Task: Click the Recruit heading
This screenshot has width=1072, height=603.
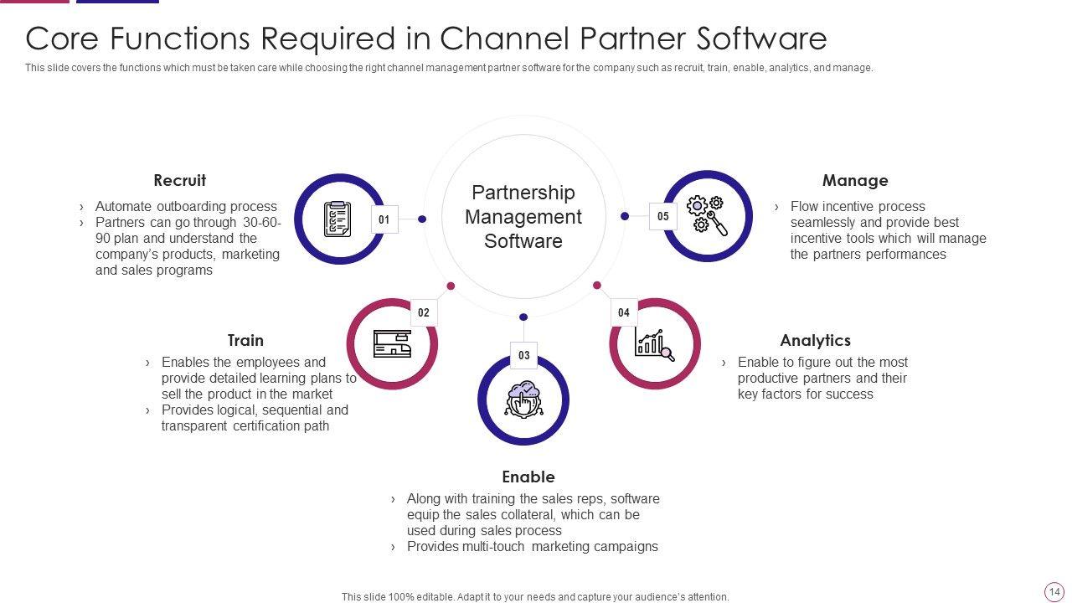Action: coord(179,180)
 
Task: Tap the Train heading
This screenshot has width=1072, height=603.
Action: coord(245,340)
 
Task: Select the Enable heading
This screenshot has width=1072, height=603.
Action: coord(528,477)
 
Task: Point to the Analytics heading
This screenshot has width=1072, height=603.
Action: coord(815,340)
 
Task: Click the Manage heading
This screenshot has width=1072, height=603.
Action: coord(854,180)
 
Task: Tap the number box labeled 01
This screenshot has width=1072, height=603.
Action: coord(384,219)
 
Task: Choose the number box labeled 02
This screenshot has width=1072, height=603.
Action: coord(424,312)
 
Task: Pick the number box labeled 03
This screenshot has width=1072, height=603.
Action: coord(523,355)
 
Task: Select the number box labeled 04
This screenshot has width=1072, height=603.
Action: coord(624,312)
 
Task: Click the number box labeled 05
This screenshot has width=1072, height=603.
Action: coord(663,216)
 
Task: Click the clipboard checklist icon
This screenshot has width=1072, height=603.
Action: coord(337,219)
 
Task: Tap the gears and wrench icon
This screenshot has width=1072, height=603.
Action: coord(706,215)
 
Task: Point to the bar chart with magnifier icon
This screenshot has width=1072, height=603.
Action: coord(654,343)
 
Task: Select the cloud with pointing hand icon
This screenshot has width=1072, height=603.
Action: coord(523,399)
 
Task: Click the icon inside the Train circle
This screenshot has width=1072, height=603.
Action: coord(392,343)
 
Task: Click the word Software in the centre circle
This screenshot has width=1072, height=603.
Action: coord(523,241)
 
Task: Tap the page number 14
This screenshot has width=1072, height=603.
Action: coord(1054,592)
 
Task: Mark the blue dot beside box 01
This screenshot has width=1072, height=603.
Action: coord(422,219)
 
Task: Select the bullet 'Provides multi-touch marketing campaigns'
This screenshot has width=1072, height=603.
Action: coord(532,546)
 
